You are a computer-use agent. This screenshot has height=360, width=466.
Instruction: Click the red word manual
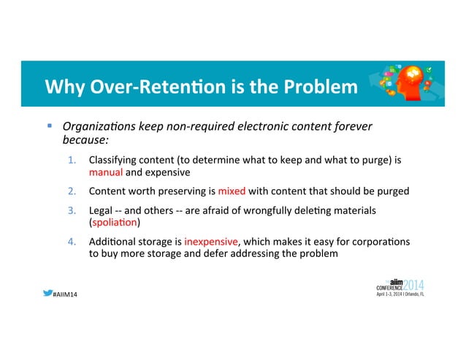pyautogui.click(x=105, y=173)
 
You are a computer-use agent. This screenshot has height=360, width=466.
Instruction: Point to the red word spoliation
pyautogui.click(x=115, y=222)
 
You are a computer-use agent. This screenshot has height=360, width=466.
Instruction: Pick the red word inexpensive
pyautogui.click(x=211, y=242)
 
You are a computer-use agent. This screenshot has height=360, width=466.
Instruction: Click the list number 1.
pyautogui.click(x=73, y=160)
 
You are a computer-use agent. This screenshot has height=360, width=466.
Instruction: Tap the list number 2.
pyautogui.click(x=73, y=192)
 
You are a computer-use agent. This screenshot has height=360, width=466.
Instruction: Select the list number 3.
pyautogui.click(x=73, y=210)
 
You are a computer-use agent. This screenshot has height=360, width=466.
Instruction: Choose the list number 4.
pyautogui.click(x=73, y=242)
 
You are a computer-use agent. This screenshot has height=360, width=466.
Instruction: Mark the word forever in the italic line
pyautogui.click(x=353, y=126)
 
